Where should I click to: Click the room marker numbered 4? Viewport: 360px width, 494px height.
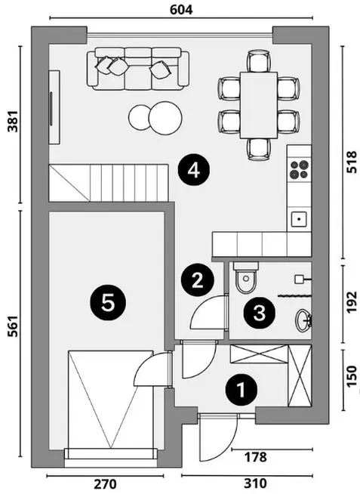[194, 171]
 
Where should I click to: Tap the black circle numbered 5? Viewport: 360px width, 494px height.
[108, 303]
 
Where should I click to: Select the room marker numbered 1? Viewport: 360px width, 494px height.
[242, 390]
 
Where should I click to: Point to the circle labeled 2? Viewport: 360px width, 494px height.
[197, 280]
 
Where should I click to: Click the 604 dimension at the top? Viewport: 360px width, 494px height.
[181, 10]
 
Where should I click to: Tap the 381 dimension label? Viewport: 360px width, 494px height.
[13, 122]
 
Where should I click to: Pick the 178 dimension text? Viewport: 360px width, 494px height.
[256, 457]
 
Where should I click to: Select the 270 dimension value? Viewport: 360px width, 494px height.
[106, 484]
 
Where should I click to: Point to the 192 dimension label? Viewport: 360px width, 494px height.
[352, 302]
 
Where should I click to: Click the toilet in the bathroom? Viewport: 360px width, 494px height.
[246, 277]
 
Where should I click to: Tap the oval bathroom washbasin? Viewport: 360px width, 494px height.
[303, 320]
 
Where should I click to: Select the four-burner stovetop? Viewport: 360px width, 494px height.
[300, 169]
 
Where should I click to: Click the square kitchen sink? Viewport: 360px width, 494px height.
[300, 219]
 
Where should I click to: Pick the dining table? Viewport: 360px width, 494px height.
[259, 105]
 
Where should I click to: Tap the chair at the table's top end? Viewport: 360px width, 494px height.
[259, 60]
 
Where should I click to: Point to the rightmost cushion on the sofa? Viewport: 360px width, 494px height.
[161, 69]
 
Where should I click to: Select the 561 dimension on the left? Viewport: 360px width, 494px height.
[13, 326]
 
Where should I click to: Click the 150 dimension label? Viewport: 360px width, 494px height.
[352, 375]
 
